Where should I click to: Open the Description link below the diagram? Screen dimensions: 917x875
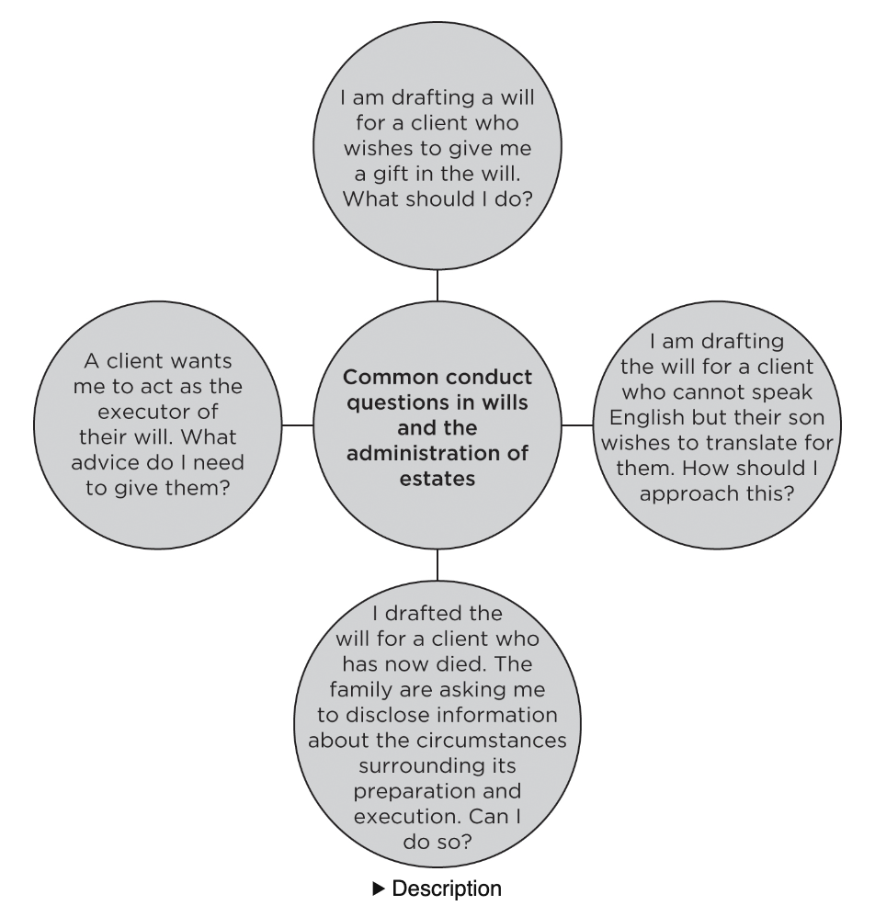coord(448,889)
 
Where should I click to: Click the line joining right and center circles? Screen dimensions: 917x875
coord(578,425)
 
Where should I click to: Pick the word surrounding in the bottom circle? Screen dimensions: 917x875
coord(437,731)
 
